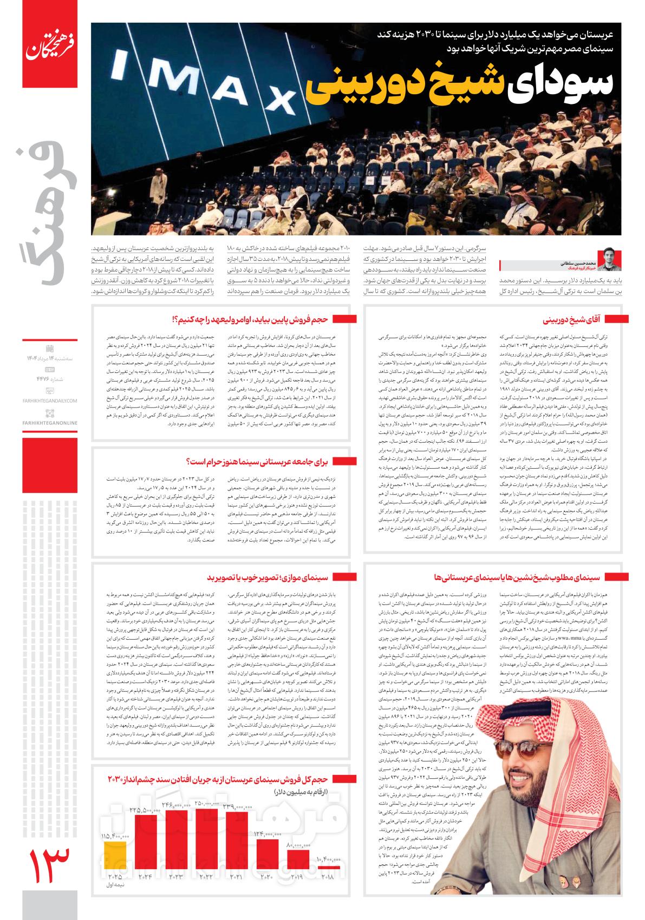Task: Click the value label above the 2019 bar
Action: coord(297,860)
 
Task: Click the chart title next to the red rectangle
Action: coord(217,779)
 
